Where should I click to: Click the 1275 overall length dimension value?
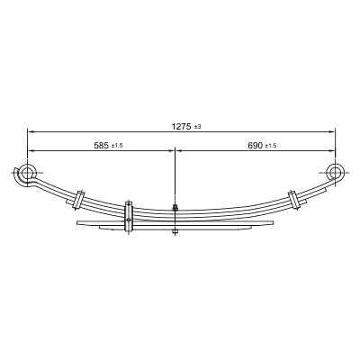tap(181, 127)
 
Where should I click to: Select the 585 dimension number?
tap(101, 146)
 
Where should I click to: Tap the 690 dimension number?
tap(255, 146)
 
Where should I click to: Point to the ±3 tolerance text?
tap(197, 127)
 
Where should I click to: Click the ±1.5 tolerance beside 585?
tap(117, 146)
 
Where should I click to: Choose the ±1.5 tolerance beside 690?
tap(271, 146)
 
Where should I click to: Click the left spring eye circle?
tap(27, 173)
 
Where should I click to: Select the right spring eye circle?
tap(335, 172)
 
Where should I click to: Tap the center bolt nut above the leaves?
tap(175, 207)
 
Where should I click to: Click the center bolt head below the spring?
tap(175, 231)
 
